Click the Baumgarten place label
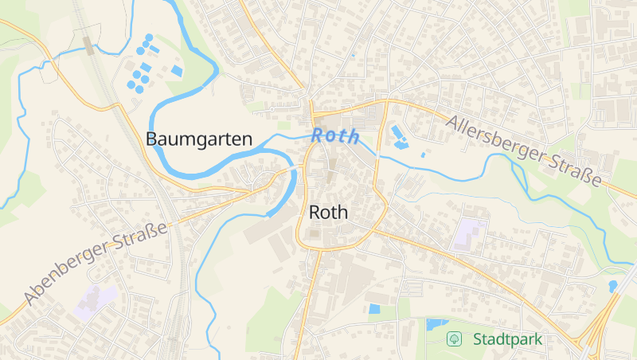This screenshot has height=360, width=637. tap(198, 139)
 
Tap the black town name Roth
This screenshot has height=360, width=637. tap(328, 212)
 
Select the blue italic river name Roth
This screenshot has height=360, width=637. tap(335, 135)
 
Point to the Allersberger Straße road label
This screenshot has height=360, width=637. tap(523, 151)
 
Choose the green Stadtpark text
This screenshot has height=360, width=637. tap(507, 339)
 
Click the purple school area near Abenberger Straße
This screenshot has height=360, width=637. tap(95, 299)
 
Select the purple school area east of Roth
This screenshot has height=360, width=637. tap(470, 234)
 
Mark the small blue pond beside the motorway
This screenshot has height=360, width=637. tap(612, 285)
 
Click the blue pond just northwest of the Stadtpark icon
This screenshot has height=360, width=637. tap(436, 324)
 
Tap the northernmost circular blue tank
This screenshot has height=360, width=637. tap(149, 37)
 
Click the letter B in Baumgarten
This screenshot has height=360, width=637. tap(151, 139)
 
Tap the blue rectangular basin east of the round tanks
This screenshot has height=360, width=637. tap(176, 71)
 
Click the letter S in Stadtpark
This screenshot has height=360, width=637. tap(478, 339)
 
